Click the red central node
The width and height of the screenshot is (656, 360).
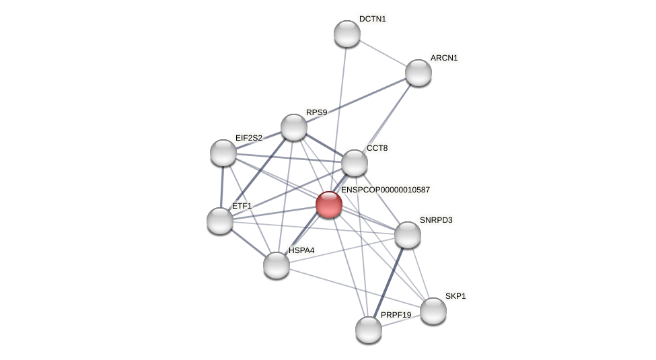click(329, 205)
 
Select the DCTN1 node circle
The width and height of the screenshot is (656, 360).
click(347, 34)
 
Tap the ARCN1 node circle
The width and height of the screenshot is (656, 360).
click(418, 73)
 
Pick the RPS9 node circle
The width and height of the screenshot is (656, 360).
click(294, 127)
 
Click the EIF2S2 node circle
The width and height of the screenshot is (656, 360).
click(223, 153)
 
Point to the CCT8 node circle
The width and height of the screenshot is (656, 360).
click(355, 163)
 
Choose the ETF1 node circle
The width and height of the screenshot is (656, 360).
click(220, 221)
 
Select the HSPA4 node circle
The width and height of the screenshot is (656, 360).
click(277, 265)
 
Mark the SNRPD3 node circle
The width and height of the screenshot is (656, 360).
click(408, 235)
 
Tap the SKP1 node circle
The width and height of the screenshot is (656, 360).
click(433, 311)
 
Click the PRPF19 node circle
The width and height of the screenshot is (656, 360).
click(369, 330)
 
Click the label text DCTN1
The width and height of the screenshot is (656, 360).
click(373, 19)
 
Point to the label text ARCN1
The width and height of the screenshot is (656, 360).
click(444, 58)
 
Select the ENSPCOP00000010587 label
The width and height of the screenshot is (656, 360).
click(386, 190)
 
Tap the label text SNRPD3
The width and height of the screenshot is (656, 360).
click(436, 220)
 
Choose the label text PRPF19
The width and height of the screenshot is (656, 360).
click(396, 315)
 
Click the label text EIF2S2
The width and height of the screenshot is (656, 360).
click(249, 138)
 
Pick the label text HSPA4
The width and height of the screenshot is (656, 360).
click(301, 250)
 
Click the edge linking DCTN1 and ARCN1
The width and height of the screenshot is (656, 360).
click(383, 53)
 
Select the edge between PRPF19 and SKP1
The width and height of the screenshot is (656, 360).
click(401, 320)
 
